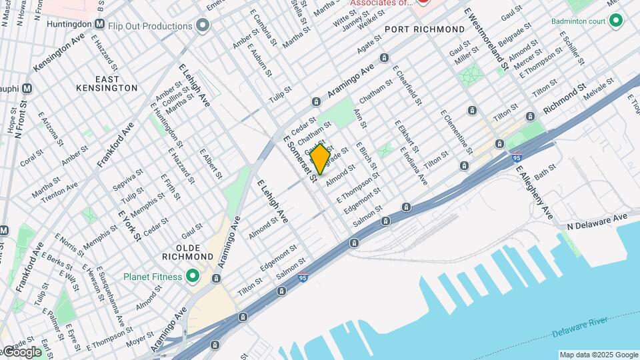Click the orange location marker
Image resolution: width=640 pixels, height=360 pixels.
[320, 159]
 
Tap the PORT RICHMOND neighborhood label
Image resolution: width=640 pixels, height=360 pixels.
[425, 30]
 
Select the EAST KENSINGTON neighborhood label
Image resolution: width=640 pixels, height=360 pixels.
[116, 83]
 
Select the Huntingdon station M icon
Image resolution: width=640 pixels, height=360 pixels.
[100, 24]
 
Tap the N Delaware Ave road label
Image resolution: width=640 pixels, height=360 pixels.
[597, 218]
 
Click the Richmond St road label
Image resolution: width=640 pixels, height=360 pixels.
[563, 98]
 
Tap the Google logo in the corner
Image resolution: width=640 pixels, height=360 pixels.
[21, 351]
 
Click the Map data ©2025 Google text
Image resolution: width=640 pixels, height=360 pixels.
[598, 355]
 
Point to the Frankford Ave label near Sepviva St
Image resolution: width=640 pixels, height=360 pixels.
[115, 145]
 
